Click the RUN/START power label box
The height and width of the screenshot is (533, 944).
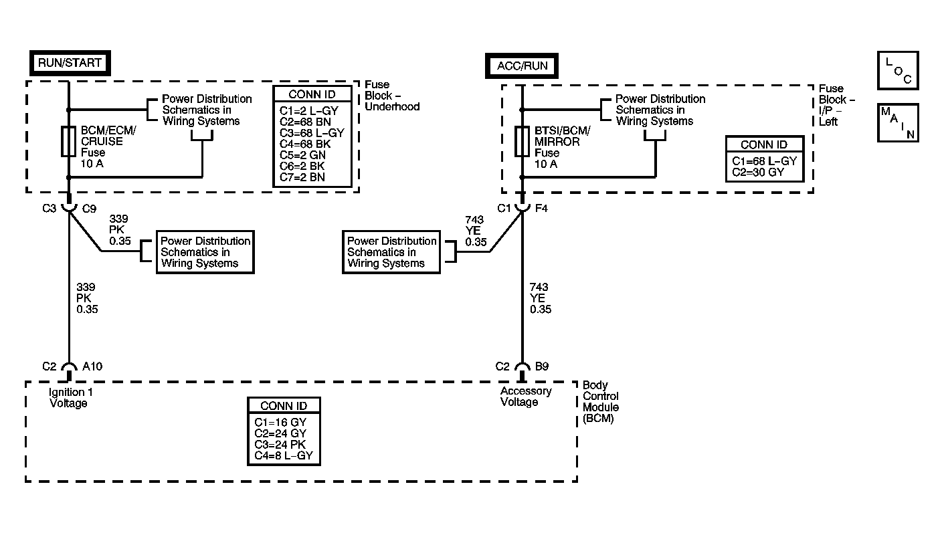click(70, 64)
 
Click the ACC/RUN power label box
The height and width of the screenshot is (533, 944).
click(522, 66)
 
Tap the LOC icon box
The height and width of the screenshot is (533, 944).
click(898, 70)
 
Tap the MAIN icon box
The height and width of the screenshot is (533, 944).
click(898, 122)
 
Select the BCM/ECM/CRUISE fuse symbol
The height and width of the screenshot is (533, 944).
click(68, 141)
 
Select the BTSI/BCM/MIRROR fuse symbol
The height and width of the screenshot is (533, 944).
click(522, 141)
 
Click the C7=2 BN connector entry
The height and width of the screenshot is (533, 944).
click(302, 177)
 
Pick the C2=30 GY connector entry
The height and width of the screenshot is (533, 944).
click(758, 173)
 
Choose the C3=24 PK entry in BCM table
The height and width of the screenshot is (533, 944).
click(280, 445)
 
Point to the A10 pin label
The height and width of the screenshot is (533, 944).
click(92, 366)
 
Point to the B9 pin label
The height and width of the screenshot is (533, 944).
click(542, 366)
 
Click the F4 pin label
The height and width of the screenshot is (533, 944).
click(541, 208)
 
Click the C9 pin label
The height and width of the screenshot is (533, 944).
click(90, 209)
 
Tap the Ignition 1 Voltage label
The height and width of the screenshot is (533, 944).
click(70, 398)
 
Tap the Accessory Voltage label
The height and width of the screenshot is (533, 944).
click(526, 397)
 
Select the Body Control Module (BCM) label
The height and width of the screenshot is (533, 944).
click(601, 402)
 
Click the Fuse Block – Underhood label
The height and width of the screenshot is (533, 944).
click(392, 96)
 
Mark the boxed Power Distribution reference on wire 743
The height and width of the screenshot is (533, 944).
click(391, 252)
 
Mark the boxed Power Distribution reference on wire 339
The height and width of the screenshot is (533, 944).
click(205, 252)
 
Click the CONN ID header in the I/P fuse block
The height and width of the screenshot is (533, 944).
click(764, 145)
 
